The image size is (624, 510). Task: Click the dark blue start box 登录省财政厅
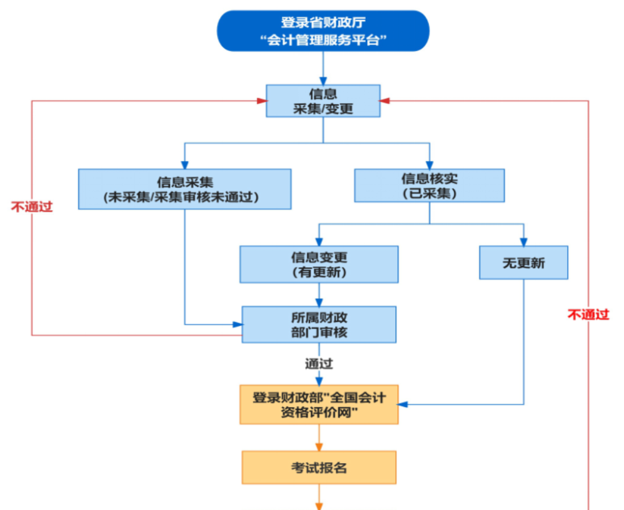pyautogui.click(x=323, y=31)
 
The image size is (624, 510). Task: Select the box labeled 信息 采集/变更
pyautogui.click(x=323, y=101)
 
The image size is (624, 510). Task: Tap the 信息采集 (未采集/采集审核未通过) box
pyautogui.click(x=185, y=189)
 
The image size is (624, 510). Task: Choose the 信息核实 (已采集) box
pyautogui.click(x=429, y=185)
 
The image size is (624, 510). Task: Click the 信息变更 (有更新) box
pyautogui.click(x=319, y=264)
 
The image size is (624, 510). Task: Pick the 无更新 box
pyautogui.click(x=523, y=263)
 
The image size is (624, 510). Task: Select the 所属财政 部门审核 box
pyautogui.click(x=319, y=324)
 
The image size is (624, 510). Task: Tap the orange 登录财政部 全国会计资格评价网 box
pyautogui.click(x=319, y=405)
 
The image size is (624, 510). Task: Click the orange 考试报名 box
pyautogui.click(x=319, y=468)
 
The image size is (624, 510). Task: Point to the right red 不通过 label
pyautogui.click(x=588, y=315)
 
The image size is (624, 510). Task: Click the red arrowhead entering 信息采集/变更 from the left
pyautogui.click(x=262, y=101)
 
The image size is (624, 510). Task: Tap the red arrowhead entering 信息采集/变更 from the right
pyautogui.click(x=385, y=101)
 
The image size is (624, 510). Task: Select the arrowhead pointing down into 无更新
pyautogui.click(x=523, y=242)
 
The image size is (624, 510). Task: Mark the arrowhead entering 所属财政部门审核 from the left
pyautogui.click(x=238, y=325)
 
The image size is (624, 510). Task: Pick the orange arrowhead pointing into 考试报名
pyautogui.click(x=319, y=446)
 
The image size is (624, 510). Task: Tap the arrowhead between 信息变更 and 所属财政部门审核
pyautogui.click(x=319, y=302)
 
